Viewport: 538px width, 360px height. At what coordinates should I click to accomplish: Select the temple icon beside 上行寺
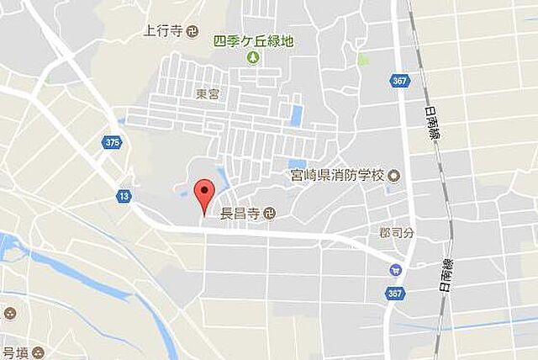tap(193, 33)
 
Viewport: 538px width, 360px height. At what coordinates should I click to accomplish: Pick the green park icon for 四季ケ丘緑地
tap(252, 57)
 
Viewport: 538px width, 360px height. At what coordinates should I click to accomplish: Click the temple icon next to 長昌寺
tap(268, 213)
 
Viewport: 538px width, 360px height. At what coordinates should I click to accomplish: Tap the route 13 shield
tap(124, 195)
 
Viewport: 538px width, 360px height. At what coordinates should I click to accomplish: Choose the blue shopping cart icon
tap(395, 270)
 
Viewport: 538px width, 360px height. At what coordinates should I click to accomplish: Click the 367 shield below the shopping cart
tap(395, 293)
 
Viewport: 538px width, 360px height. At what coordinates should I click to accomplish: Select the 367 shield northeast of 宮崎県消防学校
tap(400, 81)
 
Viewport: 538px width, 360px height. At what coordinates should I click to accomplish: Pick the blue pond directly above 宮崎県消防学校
tap(297, 164)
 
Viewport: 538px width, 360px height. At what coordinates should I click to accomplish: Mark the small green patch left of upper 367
tap(362, 60)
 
